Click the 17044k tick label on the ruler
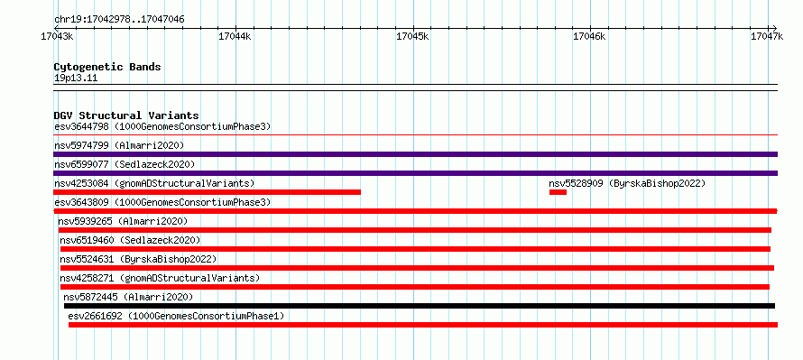[235, 37]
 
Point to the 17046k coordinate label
[589, 37]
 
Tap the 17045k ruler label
[412, 37]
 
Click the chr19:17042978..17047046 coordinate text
[119, 20]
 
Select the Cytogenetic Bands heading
[107, 67]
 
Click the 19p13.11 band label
[76, 78]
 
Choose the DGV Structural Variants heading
[126, 115]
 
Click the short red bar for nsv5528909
[558, 192]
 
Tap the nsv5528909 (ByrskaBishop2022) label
[627, 183]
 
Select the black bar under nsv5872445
[420, 306]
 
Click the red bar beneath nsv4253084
[207, 192]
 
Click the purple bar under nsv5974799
[415, 154]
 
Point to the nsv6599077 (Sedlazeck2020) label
[125, 164]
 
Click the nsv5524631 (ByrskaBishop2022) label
[138, 259]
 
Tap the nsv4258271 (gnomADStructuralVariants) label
[160, 278]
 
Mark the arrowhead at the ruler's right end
[775, 28]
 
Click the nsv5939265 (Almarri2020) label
[123, 221]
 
